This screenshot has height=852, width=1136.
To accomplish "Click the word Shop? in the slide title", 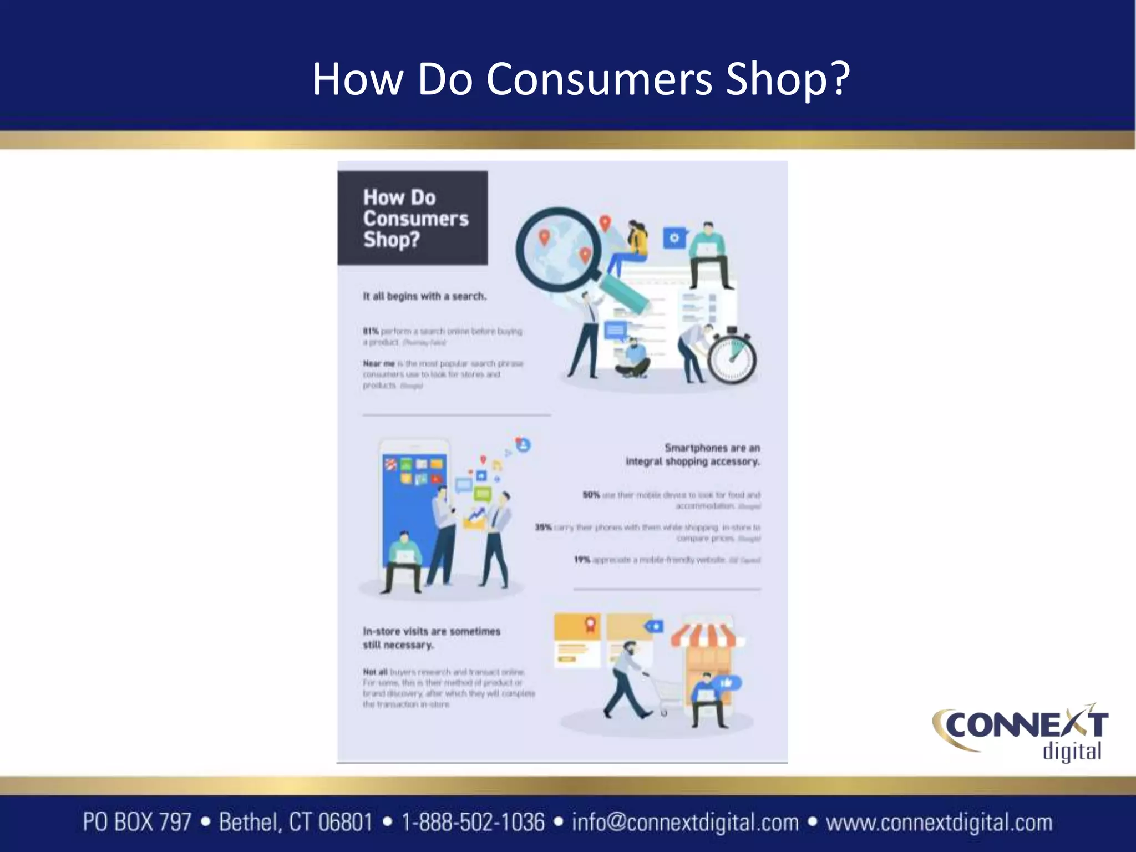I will click(788, 79).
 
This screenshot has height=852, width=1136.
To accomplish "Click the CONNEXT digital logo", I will click(1021, 732).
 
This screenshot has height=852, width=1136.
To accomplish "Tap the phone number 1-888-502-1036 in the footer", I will click(473, 822).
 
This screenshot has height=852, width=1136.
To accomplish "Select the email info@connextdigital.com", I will click(685, 822).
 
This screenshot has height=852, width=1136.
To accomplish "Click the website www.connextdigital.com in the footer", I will click(939, 822).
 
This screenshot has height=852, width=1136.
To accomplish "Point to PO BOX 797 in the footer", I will click(137, 822).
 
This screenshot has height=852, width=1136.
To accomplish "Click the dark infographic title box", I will click(413, 218).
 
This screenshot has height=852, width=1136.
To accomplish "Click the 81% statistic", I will click(371, 331).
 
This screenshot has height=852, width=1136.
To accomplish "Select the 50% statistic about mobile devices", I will click(591, 494).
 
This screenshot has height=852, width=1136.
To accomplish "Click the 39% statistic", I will click(543, 527).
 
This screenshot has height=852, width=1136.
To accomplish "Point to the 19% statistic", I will click(582, 560).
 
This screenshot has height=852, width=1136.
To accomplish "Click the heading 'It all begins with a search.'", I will click(424, 296).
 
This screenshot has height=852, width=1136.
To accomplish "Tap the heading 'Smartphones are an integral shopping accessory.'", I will click(693, 454).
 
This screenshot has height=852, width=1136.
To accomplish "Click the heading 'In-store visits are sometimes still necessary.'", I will click(431, 638).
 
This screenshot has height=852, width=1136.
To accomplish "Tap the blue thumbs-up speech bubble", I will click(727, 683).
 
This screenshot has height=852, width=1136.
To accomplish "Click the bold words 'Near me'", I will click(379, 363).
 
